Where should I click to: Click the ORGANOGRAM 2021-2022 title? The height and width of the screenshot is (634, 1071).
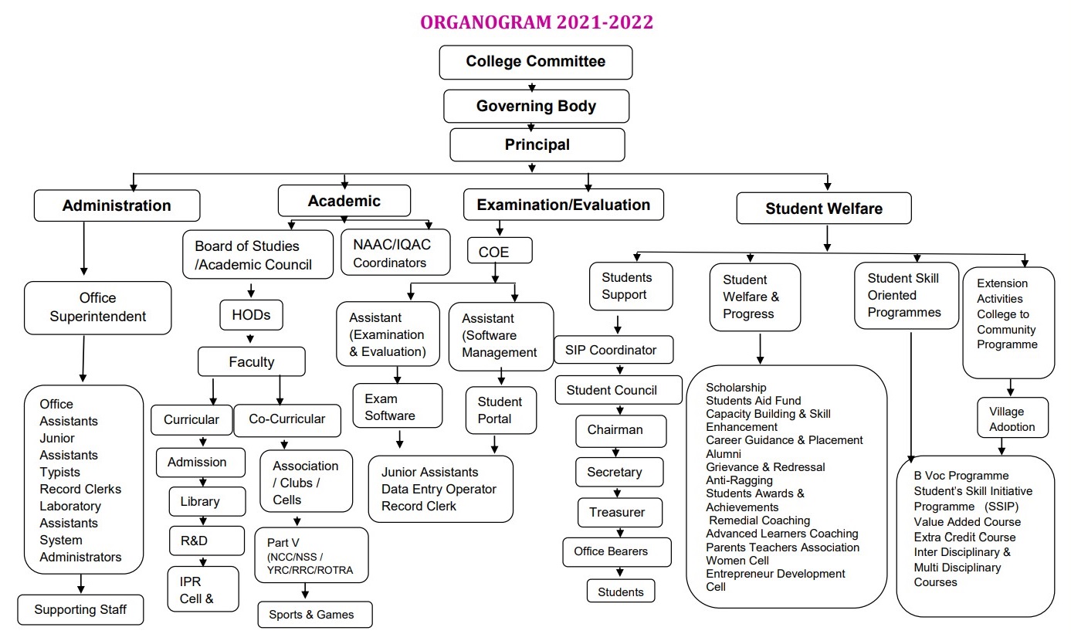[x=536, y=22]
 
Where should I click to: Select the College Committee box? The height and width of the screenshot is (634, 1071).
[x=535, y=62]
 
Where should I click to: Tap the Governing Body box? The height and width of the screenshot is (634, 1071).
[x=536, y=106]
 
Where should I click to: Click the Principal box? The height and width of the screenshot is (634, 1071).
[x=537, y=144]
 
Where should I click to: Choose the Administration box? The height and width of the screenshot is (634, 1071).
[x=117, y=205]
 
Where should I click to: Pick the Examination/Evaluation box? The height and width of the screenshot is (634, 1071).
[x=563, y=205]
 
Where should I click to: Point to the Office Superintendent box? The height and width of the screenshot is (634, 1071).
[x=97, y=307]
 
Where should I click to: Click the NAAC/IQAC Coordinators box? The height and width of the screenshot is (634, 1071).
[x=395, y=253]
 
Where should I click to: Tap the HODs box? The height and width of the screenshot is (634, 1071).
[x=251, y=315]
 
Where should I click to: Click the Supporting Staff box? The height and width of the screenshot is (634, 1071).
[x=81, y=610]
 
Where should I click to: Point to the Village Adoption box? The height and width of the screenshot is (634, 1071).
[x=1012, y=419]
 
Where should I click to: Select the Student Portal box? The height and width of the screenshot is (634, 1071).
[x=500, y=410]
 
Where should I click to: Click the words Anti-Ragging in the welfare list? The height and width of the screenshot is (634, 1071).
[x=739, y=480]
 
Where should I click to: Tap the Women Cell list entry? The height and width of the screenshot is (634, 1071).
[x=737, y=560]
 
